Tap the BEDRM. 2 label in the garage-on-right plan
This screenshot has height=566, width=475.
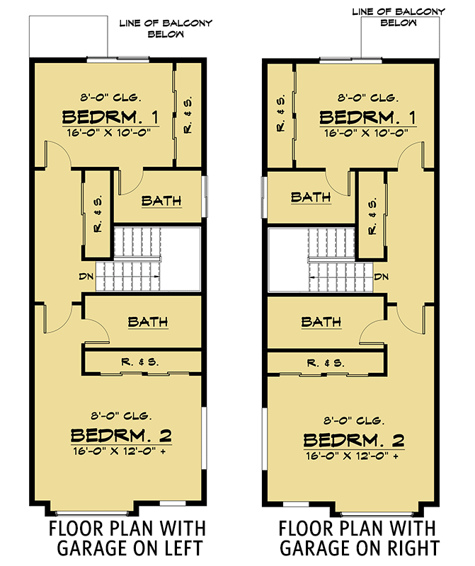coord(354,439)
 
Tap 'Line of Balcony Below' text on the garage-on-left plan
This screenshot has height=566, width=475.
coord(167,28)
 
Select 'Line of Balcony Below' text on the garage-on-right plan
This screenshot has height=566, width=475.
coord(399,17)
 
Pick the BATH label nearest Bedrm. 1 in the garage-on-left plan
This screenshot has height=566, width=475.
coord(161,201)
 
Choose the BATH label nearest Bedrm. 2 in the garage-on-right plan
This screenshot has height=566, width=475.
coord(316,322)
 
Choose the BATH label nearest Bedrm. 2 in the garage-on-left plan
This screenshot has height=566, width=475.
coord(148,322)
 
